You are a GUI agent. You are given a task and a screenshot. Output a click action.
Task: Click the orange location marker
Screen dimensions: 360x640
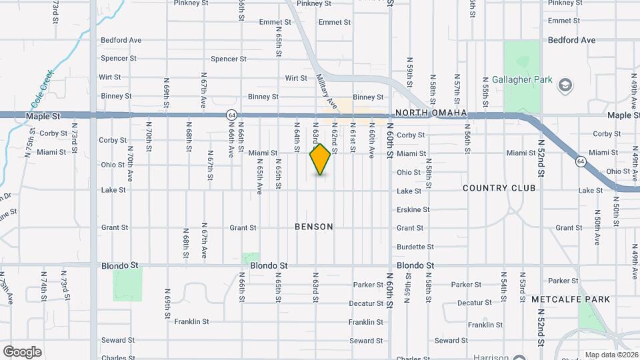tap(321, 159)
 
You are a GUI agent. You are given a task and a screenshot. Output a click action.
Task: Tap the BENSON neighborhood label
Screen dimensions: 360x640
tap(314, 227)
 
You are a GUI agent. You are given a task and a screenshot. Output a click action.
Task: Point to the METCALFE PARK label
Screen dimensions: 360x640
tap(570, 300)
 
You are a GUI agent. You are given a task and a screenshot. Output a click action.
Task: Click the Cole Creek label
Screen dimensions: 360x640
tap(41, 94)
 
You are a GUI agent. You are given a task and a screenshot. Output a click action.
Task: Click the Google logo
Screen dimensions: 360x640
tap(22, 352)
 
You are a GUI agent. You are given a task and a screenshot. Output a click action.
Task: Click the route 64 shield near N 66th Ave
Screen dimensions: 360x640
tap(231, 115)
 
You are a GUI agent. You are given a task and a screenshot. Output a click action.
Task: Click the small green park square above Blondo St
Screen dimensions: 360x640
tap(250, 257)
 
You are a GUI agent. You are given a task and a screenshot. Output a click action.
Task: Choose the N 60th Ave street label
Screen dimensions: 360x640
tap(372, 144)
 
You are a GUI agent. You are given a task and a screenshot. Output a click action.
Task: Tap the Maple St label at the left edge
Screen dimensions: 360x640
tap(43, 116)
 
